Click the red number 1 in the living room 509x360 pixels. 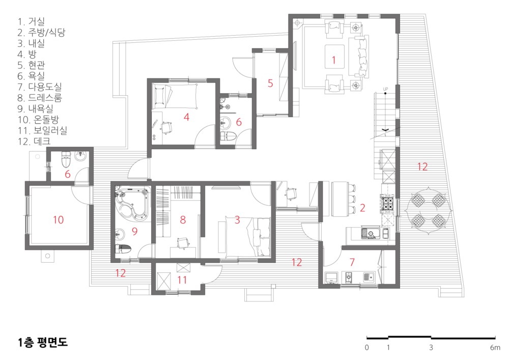(334, 60)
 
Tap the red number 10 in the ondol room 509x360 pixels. (59, 220)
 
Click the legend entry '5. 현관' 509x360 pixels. (31, 65)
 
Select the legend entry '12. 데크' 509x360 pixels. (34, 141)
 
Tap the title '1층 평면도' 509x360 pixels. (43, 342)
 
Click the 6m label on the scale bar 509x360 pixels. (495, 348)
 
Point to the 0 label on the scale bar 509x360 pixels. (367, 348)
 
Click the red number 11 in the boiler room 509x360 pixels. (182, 280)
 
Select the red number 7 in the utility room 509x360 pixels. (352, 262)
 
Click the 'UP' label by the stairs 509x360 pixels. (385, 89)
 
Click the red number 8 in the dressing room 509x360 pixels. (183, 220)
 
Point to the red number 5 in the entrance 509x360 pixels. (270, 84)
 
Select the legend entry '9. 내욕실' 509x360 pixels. (36, 108)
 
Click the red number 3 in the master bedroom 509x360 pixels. (237, 220)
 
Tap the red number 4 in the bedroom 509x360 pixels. (186, 117)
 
